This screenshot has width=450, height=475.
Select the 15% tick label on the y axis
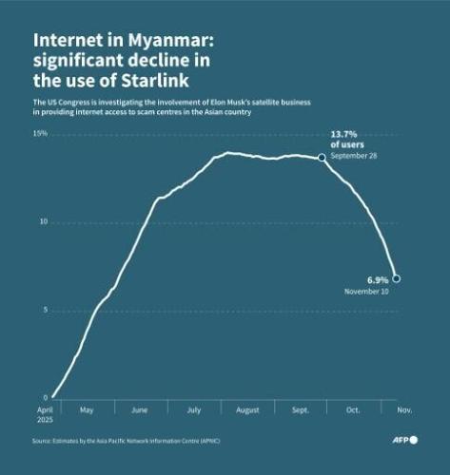40,134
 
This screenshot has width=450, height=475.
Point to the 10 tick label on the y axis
42,221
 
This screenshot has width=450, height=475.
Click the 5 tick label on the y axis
44,310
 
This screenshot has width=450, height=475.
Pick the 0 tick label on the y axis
44,397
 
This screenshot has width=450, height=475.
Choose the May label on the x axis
86,410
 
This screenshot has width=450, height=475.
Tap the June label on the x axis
139,410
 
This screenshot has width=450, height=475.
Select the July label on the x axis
193,410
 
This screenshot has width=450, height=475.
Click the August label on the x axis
247,410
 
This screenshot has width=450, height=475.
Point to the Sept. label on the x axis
301,410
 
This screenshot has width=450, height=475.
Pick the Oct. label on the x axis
354,410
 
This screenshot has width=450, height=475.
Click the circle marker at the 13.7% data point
322,158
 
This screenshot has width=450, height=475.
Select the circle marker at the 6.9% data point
397,278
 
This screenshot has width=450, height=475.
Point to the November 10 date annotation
366,291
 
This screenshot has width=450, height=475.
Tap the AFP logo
406,441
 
